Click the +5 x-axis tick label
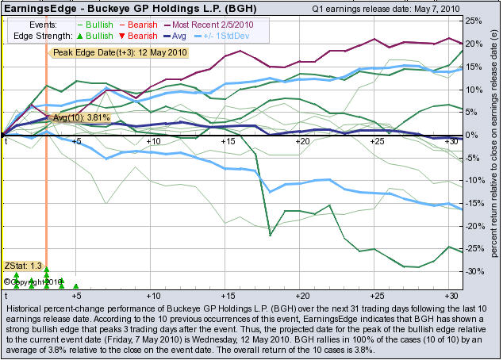(x=76, y=141)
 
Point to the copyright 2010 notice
(x=32, y=281)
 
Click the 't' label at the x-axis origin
(x=6, y=141)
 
